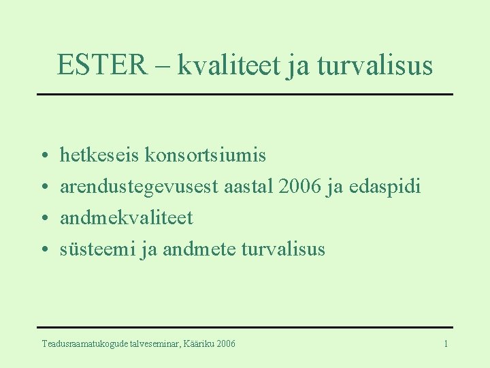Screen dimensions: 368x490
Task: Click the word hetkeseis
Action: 100,155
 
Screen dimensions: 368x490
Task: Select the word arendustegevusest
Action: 140,187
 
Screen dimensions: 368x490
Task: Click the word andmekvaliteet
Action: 127,218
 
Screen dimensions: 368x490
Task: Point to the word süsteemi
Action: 97,249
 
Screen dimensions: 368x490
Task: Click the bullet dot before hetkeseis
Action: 43,157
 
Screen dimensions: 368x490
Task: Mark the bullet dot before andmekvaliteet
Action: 43,219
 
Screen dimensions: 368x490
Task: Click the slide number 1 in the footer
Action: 446,344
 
